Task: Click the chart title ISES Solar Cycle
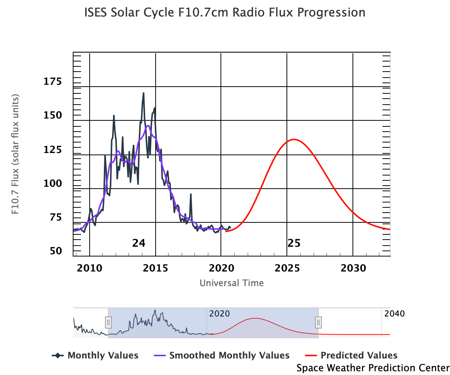[x=225, y=12]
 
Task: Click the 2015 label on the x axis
[x=155, y=268]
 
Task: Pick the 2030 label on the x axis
[x=352, y=268]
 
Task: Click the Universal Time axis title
[x=231, y=283]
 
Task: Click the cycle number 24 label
[x=138, y=243]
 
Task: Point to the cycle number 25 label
[x=294, y=243]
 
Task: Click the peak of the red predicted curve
[x=294, y=139]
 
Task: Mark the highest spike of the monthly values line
[x=143, y=93]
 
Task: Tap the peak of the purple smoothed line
[x=148, y=126]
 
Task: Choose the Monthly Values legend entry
[x=95, y=355]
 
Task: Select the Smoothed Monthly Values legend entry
[x=222, y=355]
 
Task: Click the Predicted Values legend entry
[x=354, y=355]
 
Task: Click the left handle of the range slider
[x=108, y=322]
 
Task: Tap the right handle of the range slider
[x=318, y=322]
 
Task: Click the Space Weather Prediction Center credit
[x=373, y=368]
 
